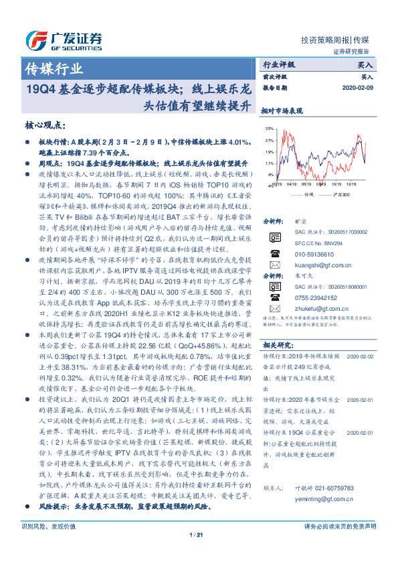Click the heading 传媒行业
[x=54, y=68]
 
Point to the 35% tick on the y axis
[x=269, y=127]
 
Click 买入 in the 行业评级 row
[x=365, y=66]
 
